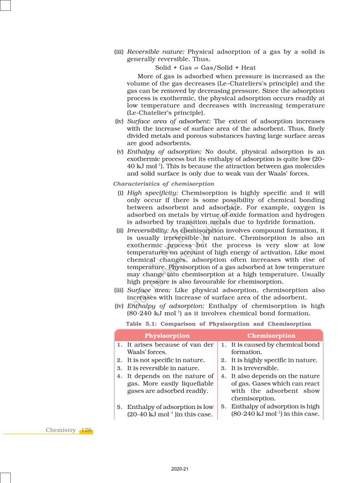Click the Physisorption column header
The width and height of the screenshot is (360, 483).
pyautogui.click(x=167, y=336)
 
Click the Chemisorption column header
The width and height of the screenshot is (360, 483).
pyautogui.click(x=271, y=336)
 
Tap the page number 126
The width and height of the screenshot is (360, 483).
pyautogui.click(x=86, y=430)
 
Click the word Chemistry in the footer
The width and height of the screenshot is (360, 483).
pyautogui.click(x=61, y=430)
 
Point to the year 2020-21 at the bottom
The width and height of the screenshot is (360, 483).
pyautogui.click(x=180, y=469)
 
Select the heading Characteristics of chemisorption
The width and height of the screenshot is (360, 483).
pyautogui.click(x=164, y=183)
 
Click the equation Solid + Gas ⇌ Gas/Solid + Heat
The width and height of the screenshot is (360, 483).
pyautogui.click(x=205, y=67)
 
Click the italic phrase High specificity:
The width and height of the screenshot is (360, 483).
pyautogui.click(x=153, y=193)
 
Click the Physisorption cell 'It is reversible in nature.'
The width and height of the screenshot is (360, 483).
pyautogui.click(x=163, y=368)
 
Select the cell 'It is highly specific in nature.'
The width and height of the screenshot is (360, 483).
pyautogui.click(x=274, y=360)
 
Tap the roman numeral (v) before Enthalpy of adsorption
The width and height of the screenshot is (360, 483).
pyautogui.click(x=120, y=151)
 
